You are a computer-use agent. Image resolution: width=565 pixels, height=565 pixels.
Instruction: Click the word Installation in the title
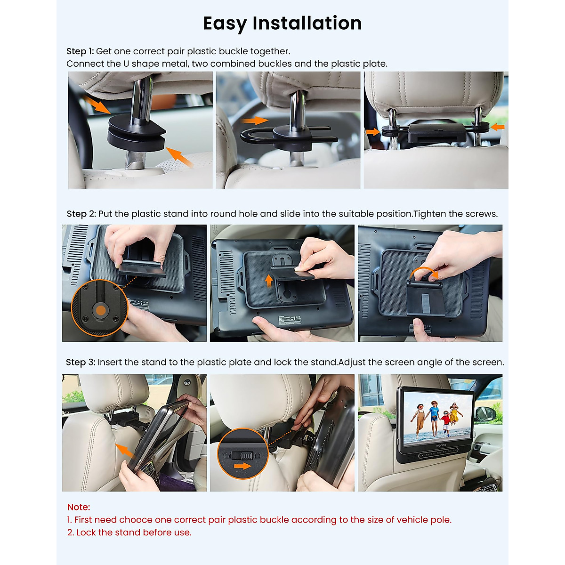[307, 23]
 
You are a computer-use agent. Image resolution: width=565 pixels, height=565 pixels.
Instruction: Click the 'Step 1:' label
[80, 51]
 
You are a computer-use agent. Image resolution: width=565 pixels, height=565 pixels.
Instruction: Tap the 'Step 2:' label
[81, 214]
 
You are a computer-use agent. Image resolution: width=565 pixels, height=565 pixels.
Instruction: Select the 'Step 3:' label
[81, 362]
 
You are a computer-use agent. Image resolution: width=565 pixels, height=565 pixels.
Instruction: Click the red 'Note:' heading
[79, 507]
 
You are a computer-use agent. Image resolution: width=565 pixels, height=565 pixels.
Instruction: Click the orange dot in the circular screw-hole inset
[101, 310]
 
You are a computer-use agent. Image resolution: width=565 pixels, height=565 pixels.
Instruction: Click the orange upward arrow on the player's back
[268, 281]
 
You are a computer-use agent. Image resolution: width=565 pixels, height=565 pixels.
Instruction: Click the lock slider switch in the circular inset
[242, 455]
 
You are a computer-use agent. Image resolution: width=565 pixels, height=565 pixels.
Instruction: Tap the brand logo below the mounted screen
[441, 445]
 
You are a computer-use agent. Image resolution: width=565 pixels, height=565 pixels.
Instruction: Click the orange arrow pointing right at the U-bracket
[255, 120]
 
